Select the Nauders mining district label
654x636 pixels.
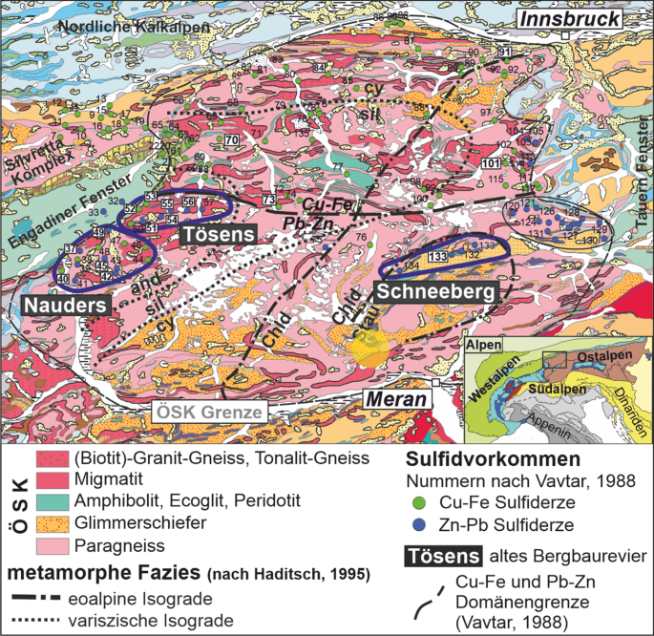(64, 304)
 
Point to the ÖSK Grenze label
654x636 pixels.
(210, 413)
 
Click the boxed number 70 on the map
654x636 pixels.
(231, 140)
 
